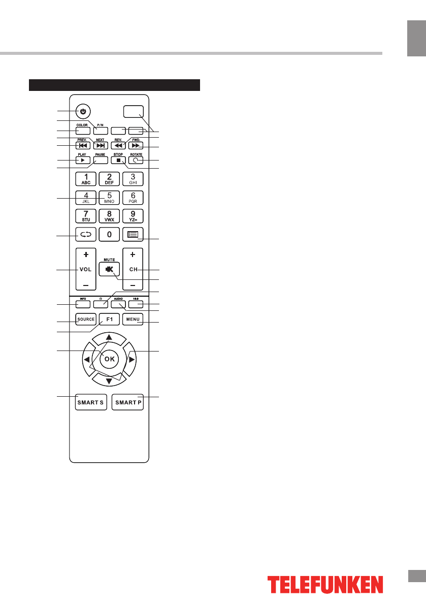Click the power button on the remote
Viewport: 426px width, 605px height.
(x=83, y=111)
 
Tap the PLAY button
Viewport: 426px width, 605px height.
(x=83, y=161)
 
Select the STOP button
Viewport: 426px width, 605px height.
(x=118, y=161)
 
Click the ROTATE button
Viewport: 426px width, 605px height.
(x=136, y=161)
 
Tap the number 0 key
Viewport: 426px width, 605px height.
(x=109, y=234)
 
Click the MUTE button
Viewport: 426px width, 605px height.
(x=109, y=270)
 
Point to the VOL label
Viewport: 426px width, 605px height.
(x=84, y=270)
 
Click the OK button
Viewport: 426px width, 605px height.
(x=109, y=359)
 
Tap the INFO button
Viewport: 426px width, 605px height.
(x=83, y=305)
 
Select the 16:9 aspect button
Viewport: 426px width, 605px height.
(x=136, y=305)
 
